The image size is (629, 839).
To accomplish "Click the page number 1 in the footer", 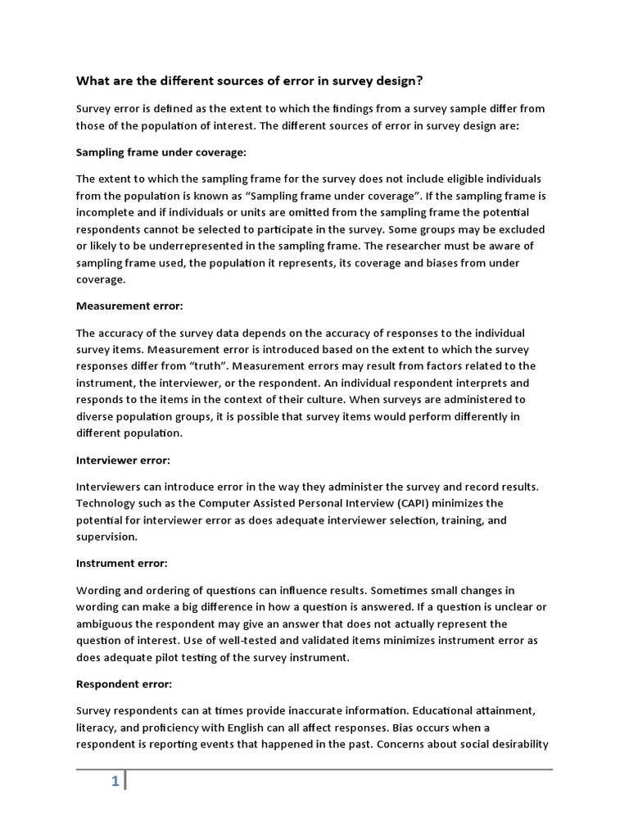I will tap(115, 782).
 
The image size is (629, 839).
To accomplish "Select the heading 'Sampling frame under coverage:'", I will tap(161, 152).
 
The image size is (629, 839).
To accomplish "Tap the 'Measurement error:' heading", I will tap(129, 306).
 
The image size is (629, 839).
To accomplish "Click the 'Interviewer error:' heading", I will tap(123, 460).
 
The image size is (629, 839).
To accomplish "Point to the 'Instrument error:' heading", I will tap(121, 563).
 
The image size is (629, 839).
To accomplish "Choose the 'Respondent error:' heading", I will tap(124, 683).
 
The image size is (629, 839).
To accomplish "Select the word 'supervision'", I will tap(107, 537).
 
